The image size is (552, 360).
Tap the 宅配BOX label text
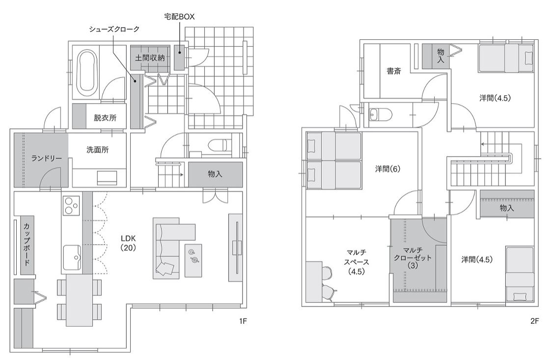point(179,16)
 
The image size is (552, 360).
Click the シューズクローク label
point(114,29)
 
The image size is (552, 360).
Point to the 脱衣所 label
point(105,118)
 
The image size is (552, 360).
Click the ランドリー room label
point(46,158)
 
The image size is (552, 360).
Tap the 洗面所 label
point(98,150)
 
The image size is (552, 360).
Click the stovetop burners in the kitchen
point(72,205)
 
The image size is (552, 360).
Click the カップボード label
point(27,244)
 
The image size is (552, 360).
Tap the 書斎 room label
point(393,71)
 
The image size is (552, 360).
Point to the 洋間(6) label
point(388,169)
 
